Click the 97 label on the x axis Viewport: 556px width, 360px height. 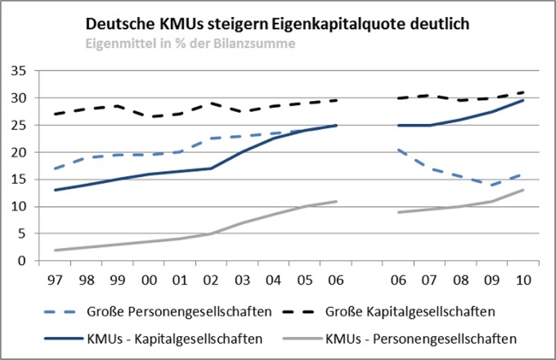click(52, 280)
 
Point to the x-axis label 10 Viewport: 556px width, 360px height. click(523, 280)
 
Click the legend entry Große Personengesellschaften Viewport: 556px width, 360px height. click(179, 313)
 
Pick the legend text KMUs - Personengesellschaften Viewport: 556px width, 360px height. click(421, 338)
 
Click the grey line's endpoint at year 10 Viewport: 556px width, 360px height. click(523, 190)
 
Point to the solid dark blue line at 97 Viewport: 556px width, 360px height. click(54, 190)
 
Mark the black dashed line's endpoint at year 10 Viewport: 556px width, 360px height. click(523, 92)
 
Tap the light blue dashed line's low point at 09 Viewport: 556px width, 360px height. click(492, 184)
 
